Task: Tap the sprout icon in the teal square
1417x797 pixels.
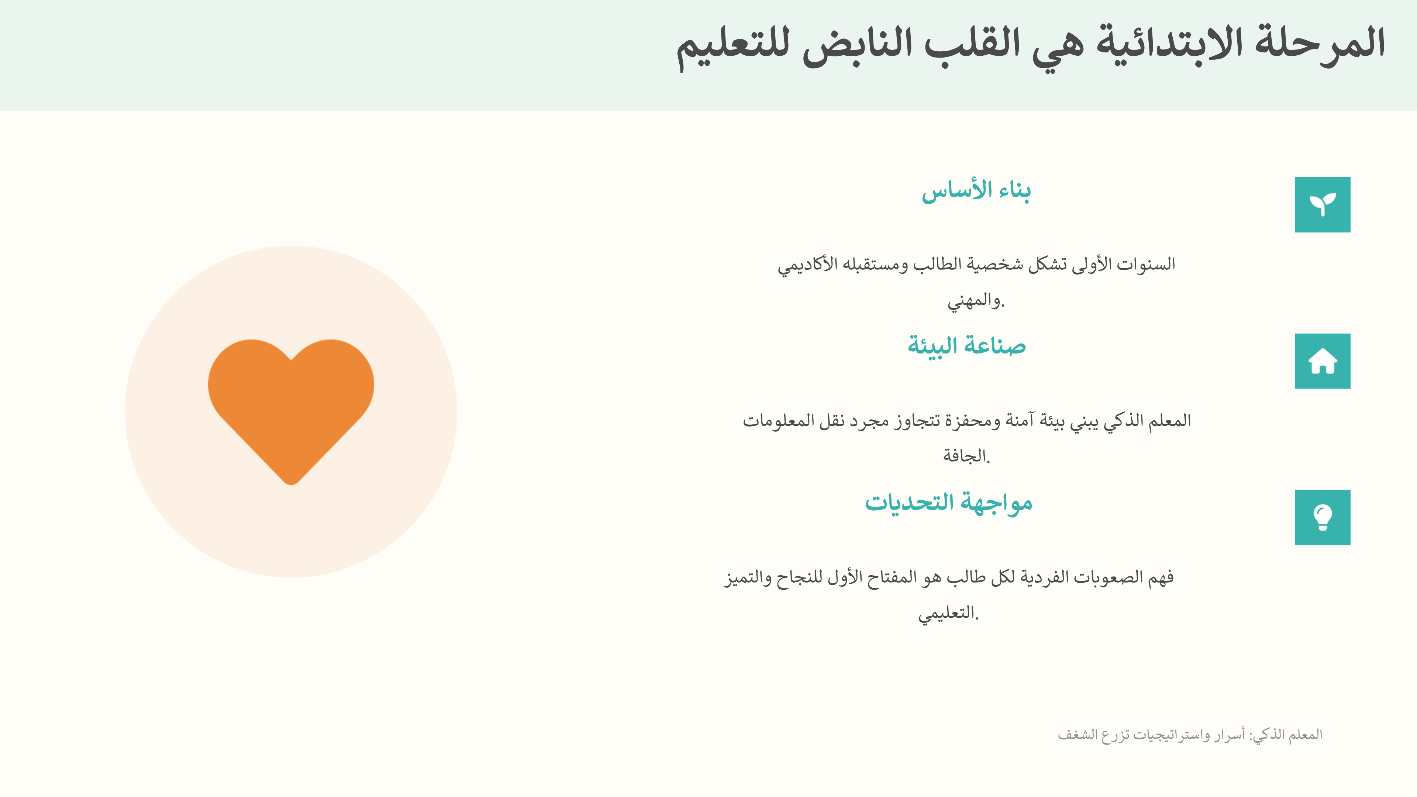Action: pyautogui.click(x=1323, y=205)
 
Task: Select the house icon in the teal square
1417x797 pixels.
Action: pyautogui.click(x=1323, y=361)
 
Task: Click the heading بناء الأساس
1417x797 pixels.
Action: pyautogui.click(x=976, y=191)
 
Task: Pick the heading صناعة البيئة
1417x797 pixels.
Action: pyautogui.click(x=966, y=346)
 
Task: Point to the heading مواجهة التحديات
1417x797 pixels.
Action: pyautogui.click(x=948, y=503)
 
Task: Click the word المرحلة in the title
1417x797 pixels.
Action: pyautogui.click(x=1320, y=44)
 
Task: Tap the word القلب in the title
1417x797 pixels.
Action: pyautogui.click(x=972, y=44)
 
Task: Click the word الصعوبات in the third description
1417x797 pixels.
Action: pyautogui.click(x=1109, y=577)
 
